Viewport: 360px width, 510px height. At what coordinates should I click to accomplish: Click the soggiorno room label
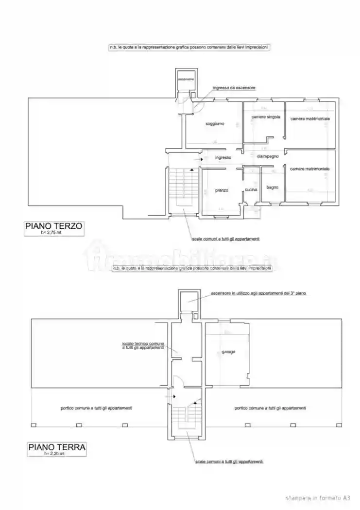pos(214,124)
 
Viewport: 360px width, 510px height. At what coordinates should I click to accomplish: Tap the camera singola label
pos(265,117)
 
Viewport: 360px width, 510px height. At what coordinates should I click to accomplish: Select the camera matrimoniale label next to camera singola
pos(310,119)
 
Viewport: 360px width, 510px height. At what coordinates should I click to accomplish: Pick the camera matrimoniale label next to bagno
pos(309,169)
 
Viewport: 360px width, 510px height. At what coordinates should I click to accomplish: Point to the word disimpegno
pos(268,156)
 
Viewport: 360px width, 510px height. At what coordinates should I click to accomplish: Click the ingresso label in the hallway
pos(223,157)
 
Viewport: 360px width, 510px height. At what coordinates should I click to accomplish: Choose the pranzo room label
pos(222,190)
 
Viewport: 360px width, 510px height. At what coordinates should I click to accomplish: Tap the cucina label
pos(251,189)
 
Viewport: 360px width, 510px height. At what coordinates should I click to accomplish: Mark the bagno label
pos(272,187)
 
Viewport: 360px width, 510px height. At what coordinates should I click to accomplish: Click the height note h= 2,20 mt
pos(54,454)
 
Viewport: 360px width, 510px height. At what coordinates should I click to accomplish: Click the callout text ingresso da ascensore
pos(234,88)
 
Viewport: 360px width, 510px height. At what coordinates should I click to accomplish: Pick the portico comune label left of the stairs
pos(97,408)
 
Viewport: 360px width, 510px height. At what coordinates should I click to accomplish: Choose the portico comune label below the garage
pos(270,408)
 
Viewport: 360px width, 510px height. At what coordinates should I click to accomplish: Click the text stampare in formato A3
pos(318,498)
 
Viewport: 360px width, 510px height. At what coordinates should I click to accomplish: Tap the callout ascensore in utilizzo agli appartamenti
pos(258,293)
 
